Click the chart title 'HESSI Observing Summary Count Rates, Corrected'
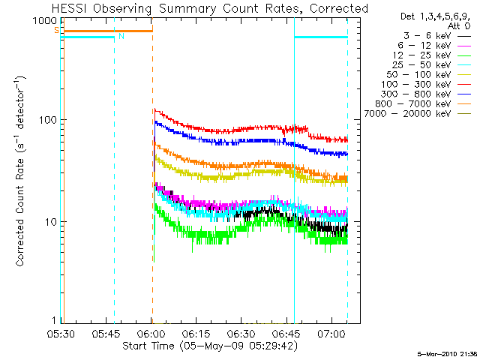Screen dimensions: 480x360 [x=210, y=8]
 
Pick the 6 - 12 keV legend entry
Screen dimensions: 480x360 [x=434, y=46]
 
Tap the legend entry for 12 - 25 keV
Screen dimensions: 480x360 [x=432, y=55]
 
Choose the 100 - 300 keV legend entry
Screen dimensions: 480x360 [x=426, y=85]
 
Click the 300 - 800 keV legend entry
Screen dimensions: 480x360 [x=426, y=94]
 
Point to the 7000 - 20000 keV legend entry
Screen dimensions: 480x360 [x=418, y=114]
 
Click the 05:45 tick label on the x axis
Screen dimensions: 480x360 [x=106, y=334]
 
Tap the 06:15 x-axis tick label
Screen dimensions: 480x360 [x=196, y=334]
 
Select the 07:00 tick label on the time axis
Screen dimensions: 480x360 [x=331, y=334]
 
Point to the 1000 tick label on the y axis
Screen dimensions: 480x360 [x=45, y=21]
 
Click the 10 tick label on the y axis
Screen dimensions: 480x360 [x=51, y=222]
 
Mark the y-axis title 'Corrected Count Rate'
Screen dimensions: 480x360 [x=20, y=213]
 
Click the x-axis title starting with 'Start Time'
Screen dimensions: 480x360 [x=210, y=346]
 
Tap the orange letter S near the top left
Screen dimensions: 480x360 [x=57, y=30]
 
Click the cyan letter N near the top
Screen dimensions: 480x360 [x=121, y=36]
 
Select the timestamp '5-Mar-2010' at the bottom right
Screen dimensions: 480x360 [x=437, y=354]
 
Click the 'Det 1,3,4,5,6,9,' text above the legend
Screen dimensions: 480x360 [x=435, y=16]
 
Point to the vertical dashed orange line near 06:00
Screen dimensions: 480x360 [x=152, y=170]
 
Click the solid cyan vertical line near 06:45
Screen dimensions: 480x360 [x=295, y=170]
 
